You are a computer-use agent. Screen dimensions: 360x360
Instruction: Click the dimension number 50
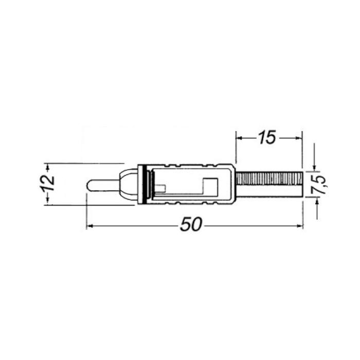point(191,224)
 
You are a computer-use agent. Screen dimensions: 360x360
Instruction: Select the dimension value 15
point(267,137)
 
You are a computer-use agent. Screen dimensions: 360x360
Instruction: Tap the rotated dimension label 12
point(48,183)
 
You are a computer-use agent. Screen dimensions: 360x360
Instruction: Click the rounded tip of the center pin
point(88,186)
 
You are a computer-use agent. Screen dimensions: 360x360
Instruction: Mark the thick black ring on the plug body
point(145,184)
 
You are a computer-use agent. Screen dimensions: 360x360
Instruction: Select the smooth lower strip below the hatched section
point(269,191)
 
